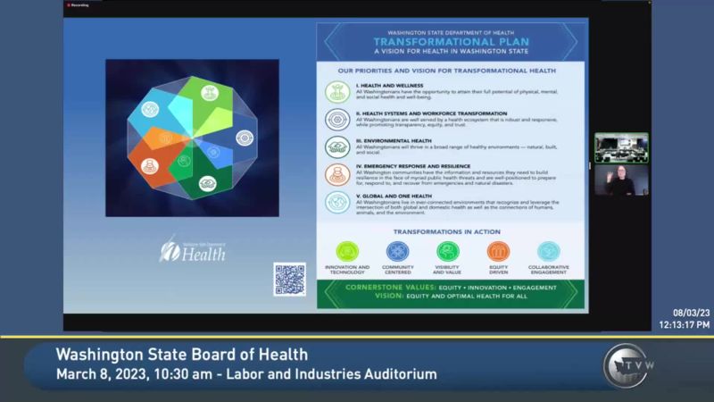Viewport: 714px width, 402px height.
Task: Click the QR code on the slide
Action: click(289, 279)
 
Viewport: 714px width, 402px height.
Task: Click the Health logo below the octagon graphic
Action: click(192, 249)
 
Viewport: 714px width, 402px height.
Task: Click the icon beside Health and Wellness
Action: click(337, 91)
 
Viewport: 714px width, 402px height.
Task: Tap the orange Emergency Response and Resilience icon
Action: click(337, 174)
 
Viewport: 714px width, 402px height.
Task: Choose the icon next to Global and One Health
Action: click(337, 202)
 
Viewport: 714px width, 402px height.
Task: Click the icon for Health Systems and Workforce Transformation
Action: click(337, 120)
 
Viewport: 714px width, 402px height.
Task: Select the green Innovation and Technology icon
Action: click(347, 251)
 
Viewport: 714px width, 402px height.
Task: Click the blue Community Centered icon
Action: click(397, 251)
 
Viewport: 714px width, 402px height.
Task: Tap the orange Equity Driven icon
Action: click(498, 251)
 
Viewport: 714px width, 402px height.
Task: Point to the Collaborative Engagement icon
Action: click(548, 251)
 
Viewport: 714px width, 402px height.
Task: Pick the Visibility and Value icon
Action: click(447, 251)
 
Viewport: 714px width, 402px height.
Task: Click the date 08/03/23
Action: click(691, 313)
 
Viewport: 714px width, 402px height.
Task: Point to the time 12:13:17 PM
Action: click(685, 324)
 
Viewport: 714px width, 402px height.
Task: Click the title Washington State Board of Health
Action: click(181, 355)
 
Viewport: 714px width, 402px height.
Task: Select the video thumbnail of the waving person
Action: click(621, 180)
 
